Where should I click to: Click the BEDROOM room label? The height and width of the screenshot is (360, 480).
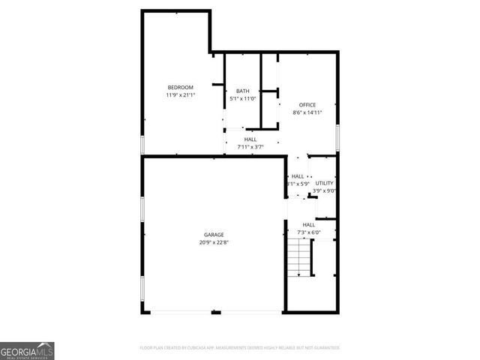point(180,88)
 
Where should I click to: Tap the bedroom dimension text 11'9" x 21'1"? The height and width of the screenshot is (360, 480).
point(180,95)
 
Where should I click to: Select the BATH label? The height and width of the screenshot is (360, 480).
point(242,91)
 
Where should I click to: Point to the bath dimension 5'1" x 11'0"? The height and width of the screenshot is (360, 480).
point(242,98)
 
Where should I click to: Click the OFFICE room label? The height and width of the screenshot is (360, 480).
point(307,104)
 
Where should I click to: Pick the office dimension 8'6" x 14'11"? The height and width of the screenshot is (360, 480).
point(307,112)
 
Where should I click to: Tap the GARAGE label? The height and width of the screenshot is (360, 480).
point(214,235)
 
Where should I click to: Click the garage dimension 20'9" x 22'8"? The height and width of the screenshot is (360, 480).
point(214,242)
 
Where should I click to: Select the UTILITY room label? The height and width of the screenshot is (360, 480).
point(324,183)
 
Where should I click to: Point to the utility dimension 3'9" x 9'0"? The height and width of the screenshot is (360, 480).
point(324,190)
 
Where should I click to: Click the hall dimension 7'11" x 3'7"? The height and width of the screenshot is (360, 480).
point(250,146)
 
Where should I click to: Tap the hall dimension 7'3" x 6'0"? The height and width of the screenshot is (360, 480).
point(308,232)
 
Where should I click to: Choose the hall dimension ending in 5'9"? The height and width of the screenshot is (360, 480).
point(298,184)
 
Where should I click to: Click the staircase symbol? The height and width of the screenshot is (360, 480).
point(300,259)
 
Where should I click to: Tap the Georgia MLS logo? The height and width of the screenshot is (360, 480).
point(27,350)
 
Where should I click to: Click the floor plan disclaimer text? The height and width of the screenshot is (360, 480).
point(240,348)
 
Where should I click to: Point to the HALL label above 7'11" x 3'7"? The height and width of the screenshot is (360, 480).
point(250,139)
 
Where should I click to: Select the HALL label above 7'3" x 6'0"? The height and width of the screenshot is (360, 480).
point(308,225)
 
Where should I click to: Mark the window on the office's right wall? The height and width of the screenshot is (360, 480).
point(338,138)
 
